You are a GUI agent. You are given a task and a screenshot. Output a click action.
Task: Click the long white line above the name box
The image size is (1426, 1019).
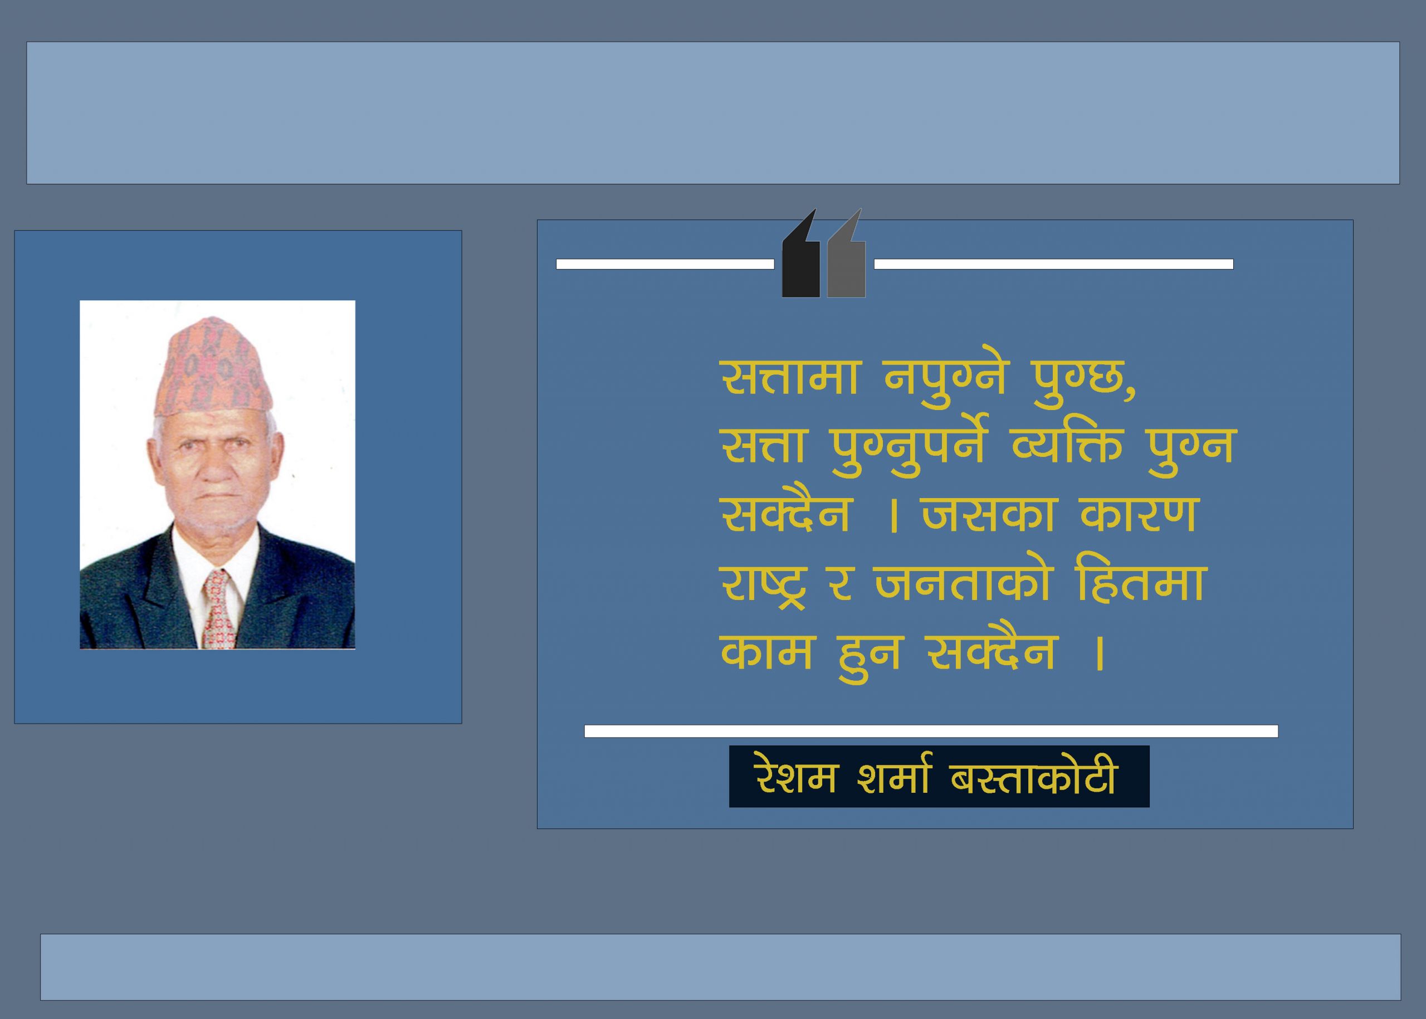tap(931, 731)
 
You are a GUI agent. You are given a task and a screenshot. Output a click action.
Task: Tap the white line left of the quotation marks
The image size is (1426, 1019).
tap(665, 264)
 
